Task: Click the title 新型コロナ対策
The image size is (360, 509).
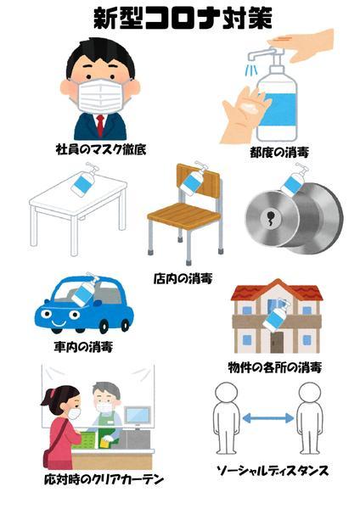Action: [x=183, y=19]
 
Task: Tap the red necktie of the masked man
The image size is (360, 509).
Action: [x=100, y=126]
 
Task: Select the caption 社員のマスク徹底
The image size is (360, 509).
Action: [x=101, y=149]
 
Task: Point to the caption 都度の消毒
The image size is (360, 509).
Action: [x=279, y=152]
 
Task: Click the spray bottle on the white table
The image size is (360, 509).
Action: [x=84, y=180]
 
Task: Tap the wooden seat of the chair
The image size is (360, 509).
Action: [x=183, y=215]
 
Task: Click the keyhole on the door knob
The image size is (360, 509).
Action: [x=270, y=219]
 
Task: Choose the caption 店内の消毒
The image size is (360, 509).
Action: [x=183, y=278]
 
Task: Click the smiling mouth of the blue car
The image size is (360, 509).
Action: [x=59, y=324]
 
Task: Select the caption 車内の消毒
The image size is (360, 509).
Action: [x=83, y=347]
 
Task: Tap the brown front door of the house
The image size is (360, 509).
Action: [x=277, y=342]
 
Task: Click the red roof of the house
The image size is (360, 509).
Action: [x=277, y=290]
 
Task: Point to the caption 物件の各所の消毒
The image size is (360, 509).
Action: [x=275, y=367]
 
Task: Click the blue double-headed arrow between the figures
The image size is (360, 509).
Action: [x=268, y=417]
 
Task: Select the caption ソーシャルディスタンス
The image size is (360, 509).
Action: [x=273, y=471]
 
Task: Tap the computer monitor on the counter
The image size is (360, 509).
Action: [x=138, y=415]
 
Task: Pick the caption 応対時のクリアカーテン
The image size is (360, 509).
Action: [x=104, y=479]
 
